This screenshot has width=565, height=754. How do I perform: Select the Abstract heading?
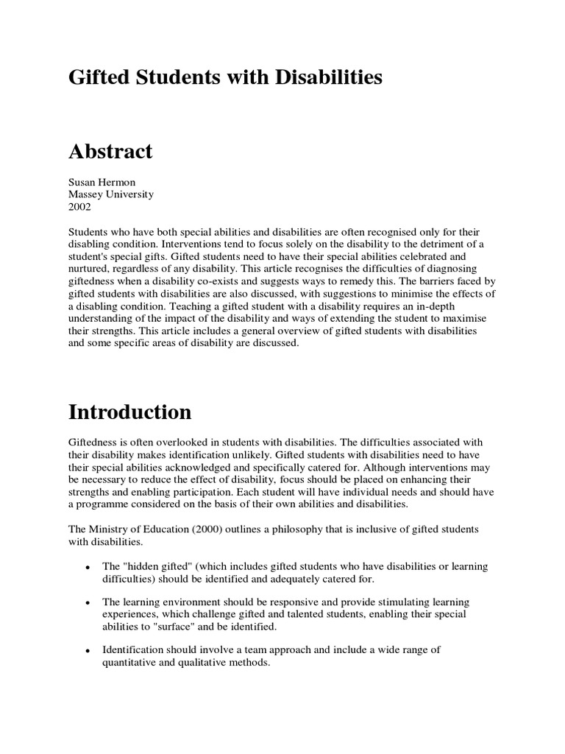(x=110, y=152)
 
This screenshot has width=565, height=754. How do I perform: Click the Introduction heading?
(x=130, y=412)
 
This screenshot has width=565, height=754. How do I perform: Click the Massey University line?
(x=111, y=195)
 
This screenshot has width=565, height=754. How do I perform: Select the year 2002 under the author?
(x=79, y=207)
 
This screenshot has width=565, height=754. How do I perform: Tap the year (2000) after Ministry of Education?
(x=234, y=529)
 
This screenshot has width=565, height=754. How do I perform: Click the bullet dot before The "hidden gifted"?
(x=88, y=568)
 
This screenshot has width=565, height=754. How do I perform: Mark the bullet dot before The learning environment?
(x=88, y=603)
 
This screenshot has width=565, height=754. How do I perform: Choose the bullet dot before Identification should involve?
(x=88, y=651)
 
